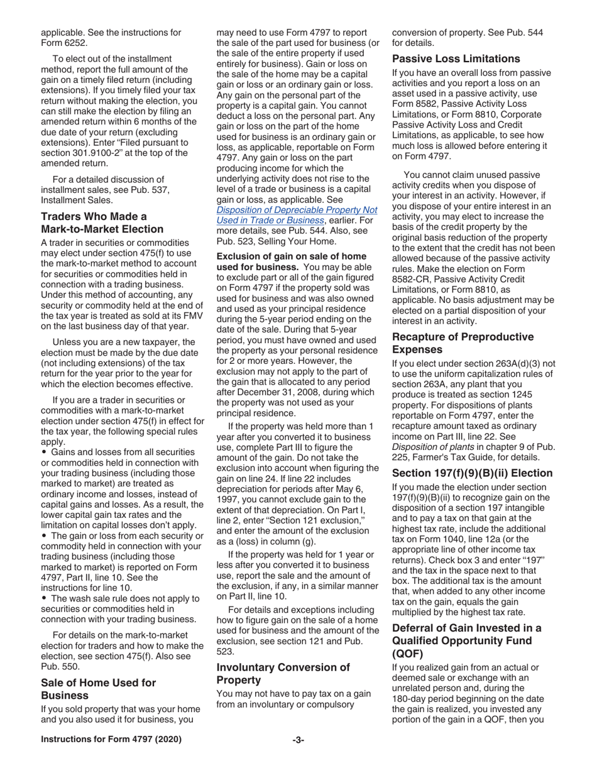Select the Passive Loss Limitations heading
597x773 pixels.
pyautogui.click(x=456, y=59)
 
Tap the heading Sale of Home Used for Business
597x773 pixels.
pyautogui.click(x=98, y=689)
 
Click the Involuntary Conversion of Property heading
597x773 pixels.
pyautogui.click(x=283, y=674)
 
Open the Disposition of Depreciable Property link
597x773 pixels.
pyautogui.click(x=297, y=215)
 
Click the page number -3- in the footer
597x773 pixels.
pyautogui.click(x=298, y=740)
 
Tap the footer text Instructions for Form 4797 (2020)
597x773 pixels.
pyautogui.click(x=111, y=740)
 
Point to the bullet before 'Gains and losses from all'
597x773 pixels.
pyautogui.click(x=44, y=452)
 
